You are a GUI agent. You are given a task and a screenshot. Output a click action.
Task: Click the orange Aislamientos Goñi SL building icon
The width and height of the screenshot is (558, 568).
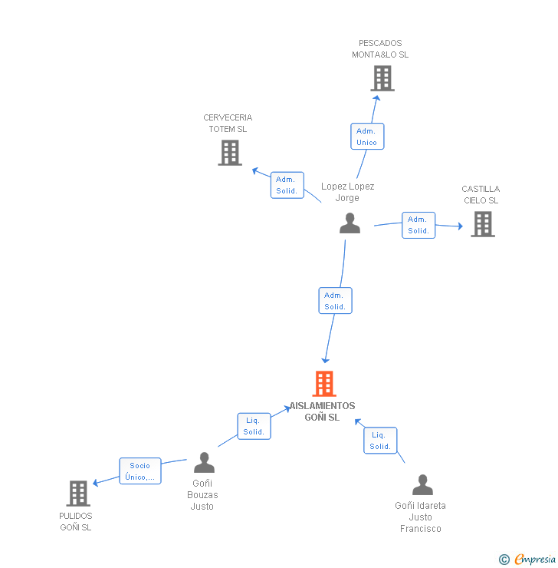click(324, 384)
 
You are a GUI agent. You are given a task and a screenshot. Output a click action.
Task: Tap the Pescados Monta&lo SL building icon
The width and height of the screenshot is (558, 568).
click(382, 78)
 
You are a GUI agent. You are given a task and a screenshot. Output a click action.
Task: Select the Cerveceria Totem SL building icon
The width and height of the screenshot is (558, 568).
click(230, 153)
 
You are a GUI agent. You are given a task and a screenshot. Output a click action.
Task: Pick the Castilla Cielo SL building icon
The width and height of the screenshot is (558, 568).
click(482, 224)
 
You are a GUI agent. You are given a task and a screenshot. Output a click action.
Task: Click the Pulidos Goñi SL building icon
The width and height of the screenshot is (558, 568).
click(78, 494)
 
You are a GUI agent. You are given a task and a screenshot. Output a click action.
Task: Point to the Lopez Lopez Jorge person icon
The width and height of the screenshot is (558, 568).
click(350, 223)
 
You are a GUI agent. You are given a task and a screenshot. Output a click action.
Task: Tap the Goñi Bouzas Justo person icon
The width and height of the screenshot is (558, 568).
click(204, 463)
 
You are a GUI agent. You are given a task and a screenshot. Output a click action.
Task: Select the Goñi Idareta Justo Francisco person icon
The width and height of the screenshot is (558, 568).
click(422, 485)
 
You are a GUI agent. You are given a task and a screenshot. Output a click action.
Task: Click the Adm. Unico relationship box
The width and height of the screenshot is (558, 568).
click(367, 137)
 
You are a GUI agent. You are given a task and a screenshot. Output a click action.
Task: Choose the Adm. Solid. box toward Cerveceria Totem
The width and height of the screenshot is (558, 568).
click(287, 185)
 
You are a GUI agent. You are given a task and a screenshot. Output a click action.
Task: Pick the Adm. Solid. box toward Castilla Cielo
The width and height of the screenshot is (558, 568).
click(419, 225)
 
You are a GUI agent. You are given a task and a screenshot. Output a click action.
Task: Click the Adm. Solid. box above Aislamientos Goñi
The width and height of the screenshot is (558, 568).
click(335, 301)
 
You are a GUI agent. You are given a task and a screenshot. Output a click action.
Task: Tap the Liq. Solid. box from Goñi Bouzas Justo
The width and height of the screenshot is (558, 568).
click(254, 426)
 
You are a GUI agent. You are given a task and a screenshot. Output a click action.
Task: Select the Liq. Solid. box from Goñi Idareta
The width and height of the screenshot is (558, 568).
click(380, 441)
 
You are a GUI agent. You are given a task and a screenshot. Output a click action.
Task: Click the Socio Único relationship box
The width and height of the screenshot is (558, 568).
click(140, 471)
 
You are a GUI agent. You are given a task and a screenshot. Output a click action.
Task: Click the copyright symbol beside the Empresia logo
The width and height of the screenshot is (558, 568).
click(504, 560)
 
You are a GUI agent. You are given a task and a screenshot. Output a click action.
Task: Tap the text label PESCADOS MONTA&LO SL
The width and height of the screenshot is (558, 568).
click(380, 49)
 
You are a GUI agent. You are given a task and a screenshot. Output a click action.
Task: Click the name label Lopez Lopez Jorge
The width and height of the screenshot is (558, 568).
click(348, 192)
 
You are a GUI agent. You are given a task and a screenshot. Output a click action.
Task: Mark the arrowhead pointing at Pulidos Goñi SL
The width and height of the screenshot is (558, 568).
click(96, 483)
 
